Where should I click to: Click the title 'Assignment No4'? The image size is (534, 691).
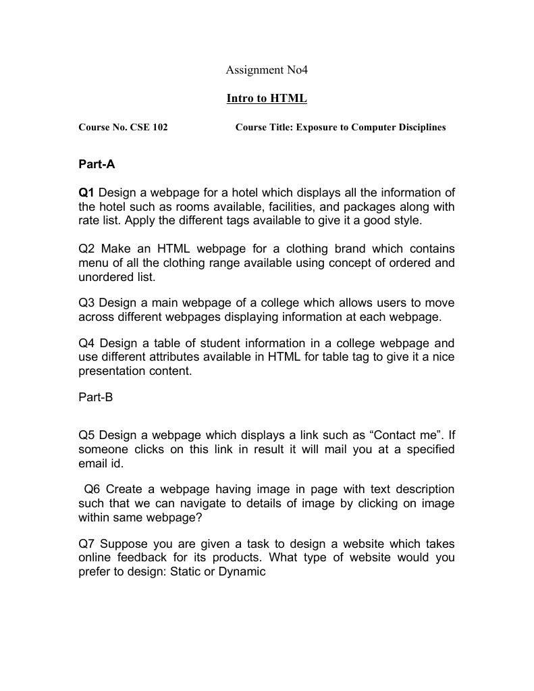266,70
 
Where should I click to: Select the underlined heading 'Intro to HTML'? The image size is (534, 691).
266,99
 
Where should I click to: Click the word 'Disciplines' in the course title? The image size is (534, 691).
419,127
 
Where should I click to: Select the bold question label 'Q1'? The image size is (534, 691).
87,193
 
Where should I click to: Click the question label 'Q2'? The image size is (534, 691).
87,249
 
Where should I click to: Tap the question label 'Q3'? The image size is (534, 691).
87,302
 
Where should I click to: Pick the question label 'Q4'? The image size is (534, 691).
87,343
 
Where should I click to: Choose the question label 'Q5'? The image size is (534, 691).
87,435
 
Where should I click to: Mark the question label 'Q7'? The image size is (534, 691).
87,544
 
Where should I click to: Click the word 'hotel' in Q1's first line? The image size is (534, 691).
231,193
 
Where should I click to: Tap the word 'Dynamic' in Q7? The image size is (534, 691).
242,571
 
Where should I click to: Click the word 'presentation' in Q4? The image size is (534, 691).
111,371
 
